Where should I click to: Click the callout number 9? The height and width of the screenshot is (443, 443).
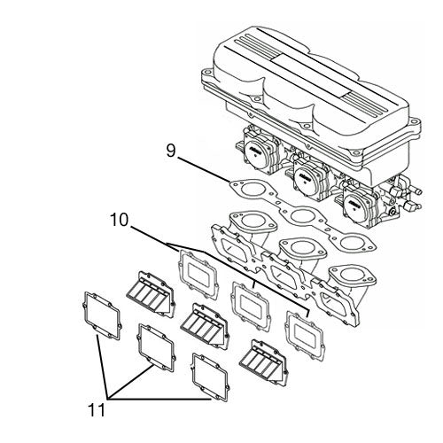[171, 151]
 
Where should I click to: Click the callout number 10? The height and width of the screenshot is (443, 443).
[119, 220]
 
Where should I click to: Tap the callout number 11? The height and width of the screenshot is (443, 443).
[97, 410]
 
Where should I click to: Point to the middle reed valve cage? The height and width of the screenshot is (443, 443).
[205, 325]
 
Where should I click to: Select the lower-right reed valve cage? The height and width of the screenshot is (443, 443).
[263, 362]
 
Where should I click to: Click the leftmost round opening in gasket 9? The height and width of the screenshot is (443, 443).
[252, 189]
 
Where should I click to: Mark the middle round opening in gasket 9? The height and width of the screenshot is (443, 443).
[301, 215]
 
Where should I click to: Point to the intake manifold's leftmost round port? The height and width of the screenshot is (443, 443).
[253, 220]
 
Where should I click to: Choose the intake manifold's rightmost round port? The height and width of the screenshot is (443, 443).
[352, 276]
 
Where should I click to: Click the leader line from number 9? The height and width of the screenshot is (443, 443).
[204, 169]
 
